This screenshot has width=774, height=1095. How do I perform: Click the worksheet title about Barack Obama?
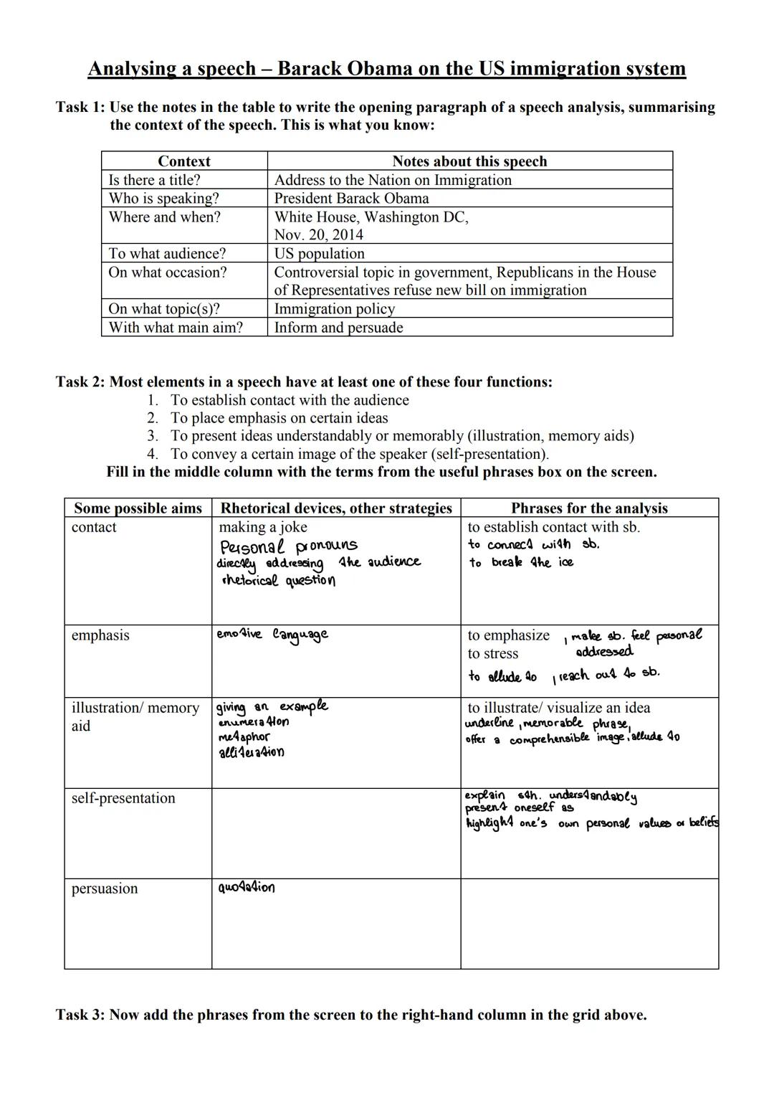386,69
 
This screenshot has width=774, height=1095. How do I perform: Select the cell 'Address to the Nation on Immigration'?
393,180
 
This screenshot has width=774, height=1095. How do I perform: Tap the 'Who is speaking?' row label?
163,199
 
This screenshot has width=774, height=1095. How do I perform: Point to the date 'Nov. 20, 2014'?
318,235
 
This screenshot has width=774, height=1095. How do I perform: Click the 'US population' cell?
319,254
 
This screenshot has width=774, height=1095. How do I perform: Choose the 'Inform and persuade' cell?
338,328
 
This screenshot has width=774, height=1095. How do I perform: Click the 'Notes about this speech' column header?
469,161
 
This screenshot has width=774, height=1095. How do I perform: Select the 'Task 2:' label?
80,381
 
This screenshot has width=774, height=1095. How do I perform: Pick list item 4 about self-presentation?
358,454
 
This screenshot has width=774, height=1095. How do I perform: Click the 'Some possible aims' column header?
138,508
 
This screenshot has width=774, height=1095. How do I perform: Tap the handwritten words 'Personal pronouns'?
288,546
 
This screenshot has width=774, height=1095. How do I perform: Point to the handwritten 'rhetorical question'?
278,580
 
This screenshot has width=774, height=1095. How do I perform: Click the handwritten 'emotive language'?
272,635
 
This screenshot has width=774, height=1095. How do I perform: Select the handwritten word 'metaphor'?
244,737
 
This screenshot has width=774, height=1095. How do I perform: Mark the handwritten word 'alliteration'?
251,752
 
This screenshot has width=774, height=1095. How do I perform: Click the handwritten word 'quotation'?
246,888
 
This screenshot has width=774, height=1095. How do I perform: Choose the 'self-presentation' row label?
123,798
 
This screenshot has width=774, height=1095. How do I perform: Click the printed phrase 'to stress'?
492,654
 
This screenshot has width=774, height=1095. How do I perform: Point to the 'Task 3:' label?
80,1015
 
